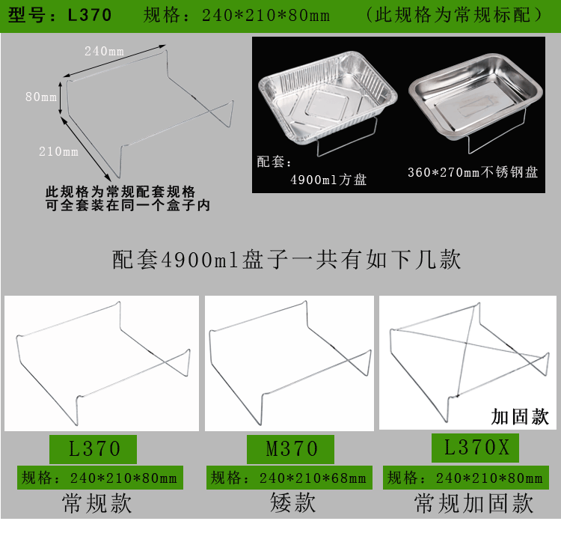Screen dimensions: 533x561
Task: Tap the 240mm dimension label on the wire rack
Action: (104, 51)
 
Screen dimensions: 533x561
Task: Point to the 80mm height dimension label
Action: (40, 97)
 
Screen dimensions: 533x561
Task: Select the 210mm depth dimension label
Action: (58, 152)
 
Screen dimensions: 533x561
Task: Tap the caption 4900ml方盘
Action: (328, 180)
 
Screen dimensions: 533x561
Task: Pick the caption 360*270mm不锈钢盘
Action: (473, 172)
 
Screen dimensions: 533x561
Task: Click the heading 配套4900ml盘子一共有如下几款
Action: (286, 259)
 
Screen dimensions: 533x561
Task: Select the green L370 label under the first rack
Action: (93, 448)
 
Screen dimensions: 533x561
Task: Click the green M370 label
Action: (292, 448)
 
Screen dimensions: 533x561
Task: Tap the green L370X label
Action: (476, 448)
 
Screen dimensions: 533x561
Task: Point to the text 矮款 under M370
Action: (292, 503)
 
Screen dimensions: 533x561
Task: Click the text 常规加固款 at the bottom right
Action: (474, 503)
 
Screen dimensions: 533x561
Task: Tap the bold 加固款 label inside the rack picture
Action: (520, 416)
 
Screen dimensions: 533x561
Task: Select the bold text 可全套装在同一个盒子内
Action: (127, 204)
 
